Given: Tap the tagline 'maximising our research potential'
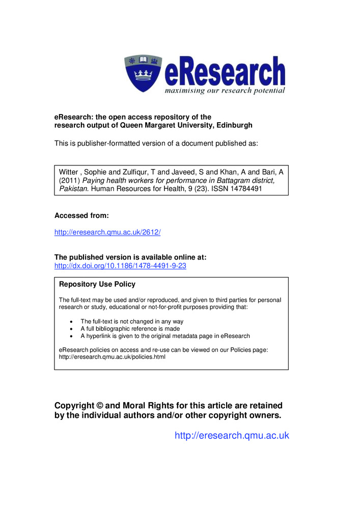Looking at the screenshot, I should click(x=224, y=91).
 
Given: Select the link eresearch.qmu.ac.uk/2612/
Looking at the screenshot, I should click(x=107, y=232).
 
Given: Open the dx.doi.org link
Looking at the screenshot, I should click(x=120, y=266).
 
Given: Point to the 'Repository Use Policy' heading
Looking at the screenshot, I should click(x=97, y=284).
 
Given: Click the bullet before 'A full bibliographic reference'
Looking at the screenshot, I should click(x=71, y=329).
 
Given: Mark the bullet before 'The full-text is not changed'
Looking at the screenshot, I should click(x=71, y=322).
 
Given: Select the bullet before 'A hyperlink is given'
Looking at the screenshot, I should click(x=71, y=336).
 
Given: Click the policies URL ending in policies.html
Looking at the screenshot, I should click(x=112, y=357).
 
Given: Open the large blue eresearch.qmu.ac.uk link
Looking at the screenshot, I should click(x=232, y=435).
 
